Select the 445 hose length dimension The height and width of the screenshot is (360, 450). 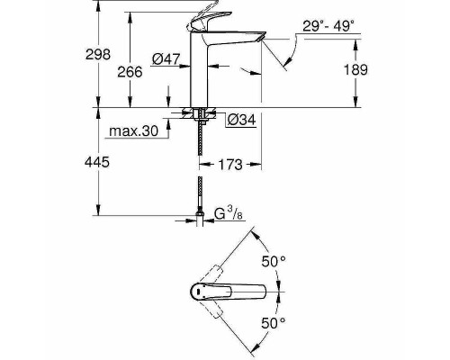pyautogui.click(x=107, y=162)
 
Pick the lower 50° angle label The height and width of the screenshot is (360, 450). pyautogui.click(x=274, y=321)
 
